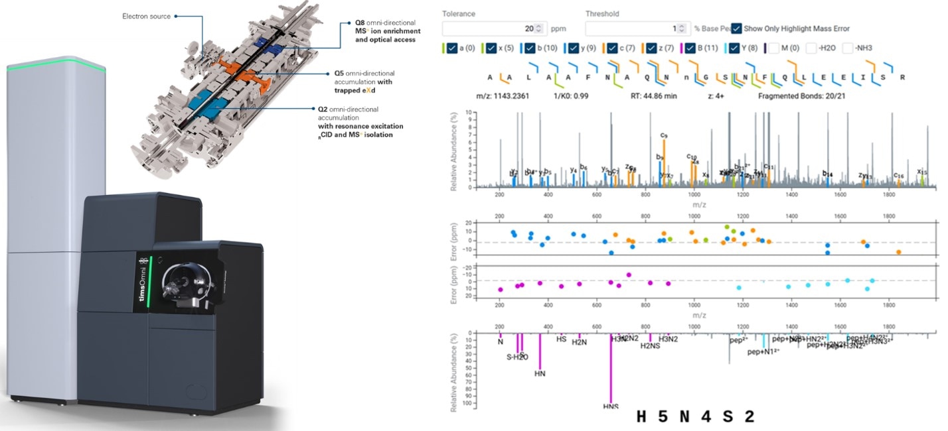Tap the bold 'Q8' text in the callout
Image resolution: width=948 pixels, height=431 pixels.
(x=361, y=23)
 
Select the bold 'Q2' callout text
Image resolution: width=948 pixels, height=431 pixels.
(x=323, y=109)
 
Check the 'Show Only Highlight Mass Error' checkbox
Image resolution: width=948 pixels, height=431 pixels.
(x=736, y=29)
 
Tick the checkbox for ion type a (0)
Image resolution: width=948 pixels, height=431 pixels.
(x=451, y=48)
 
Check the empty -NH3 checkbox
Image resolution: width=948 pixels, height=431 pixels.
(x=848, y=48)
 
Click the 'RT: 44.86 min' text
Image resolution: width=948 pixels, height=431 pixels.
(x=653, y=96)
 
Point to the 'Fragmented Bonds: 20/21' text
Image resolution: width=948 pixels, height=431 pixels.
(x=803, y=96)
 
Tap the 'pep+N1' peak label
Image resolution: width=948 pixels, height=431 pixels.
(x=763, y=352)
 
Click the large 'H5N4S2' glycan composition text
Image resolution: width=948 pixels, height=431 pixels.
(x=695, y=417)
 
